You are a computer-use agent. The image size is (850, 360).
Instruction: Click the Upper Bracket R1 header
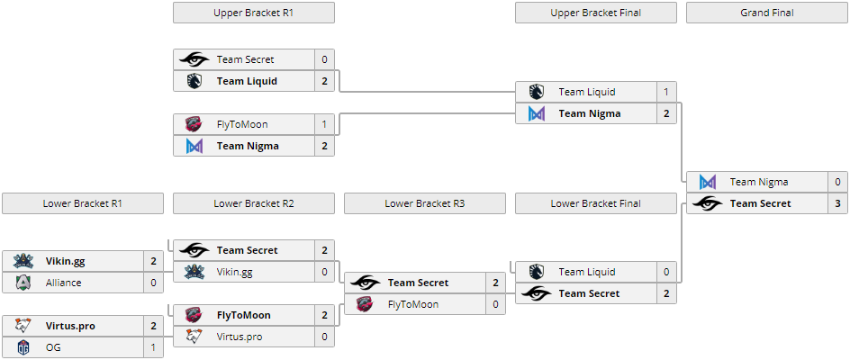pos(253,13)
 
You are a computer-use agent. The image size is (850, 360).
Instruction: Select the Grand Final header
pos(766,13)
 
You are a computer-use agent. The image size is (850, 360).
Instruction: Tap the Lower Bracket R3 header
pos(424,203)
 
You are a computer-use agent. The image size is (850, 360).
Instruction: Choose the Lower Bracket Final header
pos(595,203)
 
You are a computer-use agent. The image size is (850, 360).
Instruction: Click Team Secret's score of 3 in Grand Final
pos(837,203)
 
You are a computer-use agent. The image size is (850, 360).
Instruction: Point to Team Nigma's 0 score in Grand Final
pos(837,182)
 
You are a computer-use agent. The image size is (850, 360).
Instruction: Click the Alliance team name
pos(63,283)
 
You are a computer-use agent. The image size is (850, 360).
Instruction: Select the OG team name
pos(53,347)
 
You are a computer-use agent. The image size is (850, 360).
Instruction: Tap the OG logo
pos(23,347)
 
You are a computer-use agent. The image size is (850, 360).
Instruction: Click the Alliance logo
pos(23,283)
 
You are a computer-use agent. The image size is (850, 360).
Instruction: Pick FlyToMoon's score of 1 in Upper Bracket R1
pos(324,124)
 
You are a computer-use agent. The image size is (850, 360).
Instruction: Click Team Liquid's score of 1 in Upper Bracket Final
pos(666,92)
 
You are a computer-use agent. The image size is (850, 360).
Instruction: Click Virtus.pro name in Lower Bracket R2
pos(240,337)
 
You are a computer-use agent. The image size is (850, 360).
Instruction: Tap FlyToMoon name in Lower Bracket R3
pos(413,304)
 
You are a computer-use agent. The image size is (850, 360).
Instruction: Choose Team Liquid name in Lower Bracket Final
pos(587,272)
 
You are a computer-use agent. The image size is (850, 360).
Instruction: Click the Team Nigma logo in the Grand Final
pos(708,182)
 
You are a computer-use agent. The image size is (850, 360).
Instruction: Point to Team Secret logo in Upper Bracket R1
pos(194,59)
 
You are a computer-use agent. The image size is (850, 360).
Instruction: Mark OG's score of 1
pos(153,347)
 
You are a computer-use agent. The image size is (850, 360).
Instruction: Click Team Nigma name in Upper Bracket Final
pos(590,113)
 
